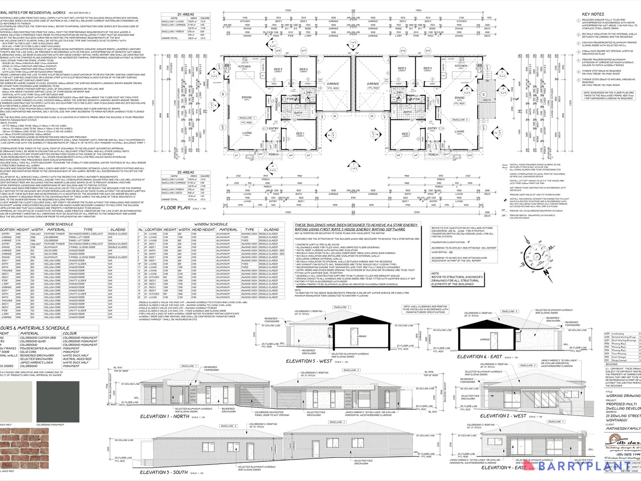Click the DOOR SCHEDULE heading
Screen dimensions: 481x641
coord(59,224)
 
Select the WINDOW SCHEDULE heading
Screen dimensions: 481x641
coord(211,224)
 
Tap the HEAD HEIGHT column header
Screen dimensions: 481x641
coord(203,230)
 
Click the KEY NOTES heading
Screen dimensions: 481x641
coord(593,14)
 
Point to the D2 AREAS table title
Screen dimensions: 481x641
coord(185,172)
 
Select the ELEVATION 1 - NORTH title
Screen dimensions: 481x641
coord(164,416)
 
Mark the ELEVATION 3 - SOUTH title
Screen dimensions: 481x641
coord(164,472)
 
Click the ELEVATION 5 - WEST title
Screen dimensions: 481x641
coord(309,361)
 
